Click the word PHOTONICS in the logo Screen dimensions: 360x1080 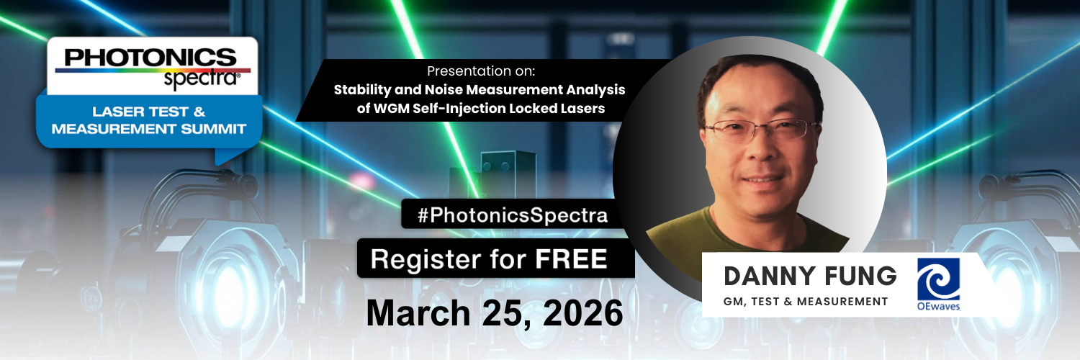(x=150, y=57)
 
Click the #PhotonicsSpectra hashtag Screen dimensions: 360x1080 (x=512, y=215)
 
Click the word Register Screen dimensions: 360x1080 (x=426, y=258)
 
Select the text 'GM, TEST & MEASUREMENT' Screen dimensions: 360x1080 (x=806, y=301)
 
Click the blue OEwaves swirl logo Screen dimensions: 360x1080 (x=938, y=279)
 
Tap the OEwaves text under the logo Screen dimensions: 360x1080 (x=938, y=307)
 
